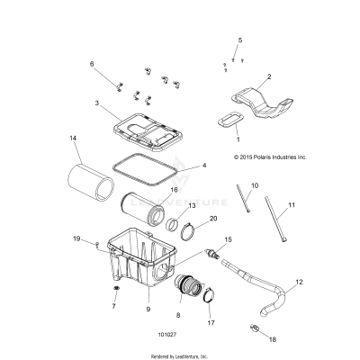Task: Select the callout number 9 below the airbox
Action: click(148, 309)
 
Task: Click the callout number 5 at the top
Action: click(239, 40)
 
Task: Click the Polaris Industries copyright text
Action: click(270, 157)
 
